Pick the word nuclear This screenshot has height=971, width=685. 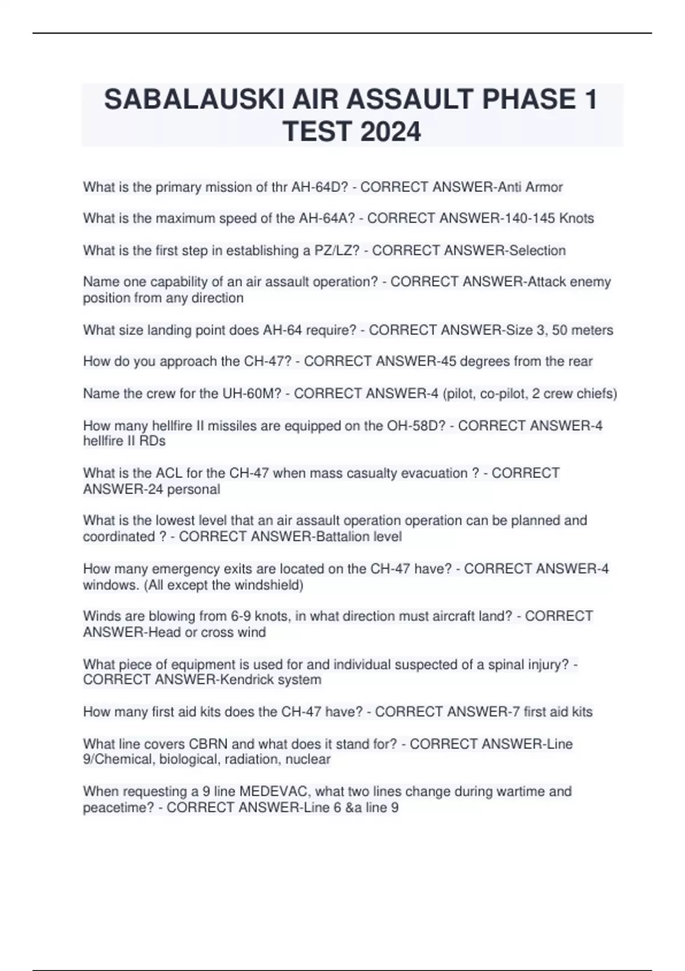tap(308, 760)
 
